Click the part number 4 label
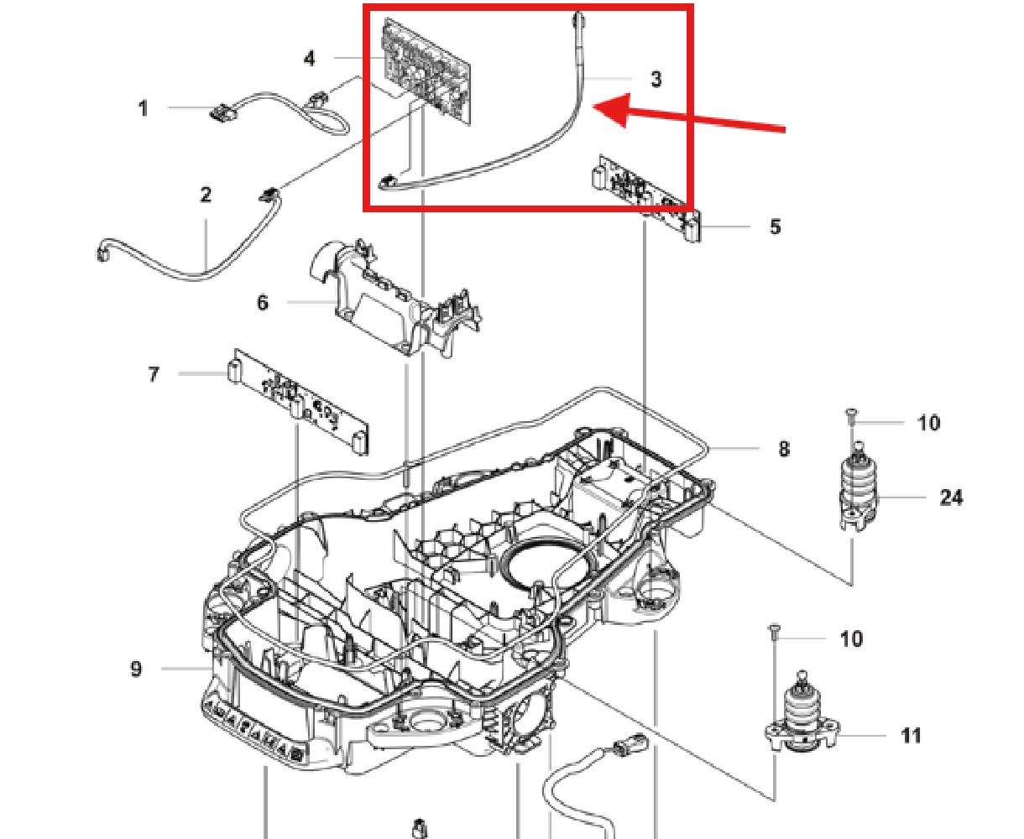click(x=310, y=58)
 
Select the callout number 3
click(x=656, y=79)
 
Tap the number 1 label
click(x=143, y=108)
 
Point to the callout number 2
click(x=206, y=195)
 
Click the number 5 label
click(x=775, y=227)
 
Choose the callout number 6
click(x=263, y=302)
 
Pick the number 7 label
click(x=154, y=373)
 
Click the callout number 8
click(x=783, y=449)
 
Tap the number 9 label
click(x=136, y=670)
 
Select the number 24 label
click(x=950, y=498)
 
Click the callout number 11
click(x=911, y=736)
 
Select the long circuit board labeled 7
click(x=298, y=400)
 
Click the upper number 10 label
click(x=928, y=423)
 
